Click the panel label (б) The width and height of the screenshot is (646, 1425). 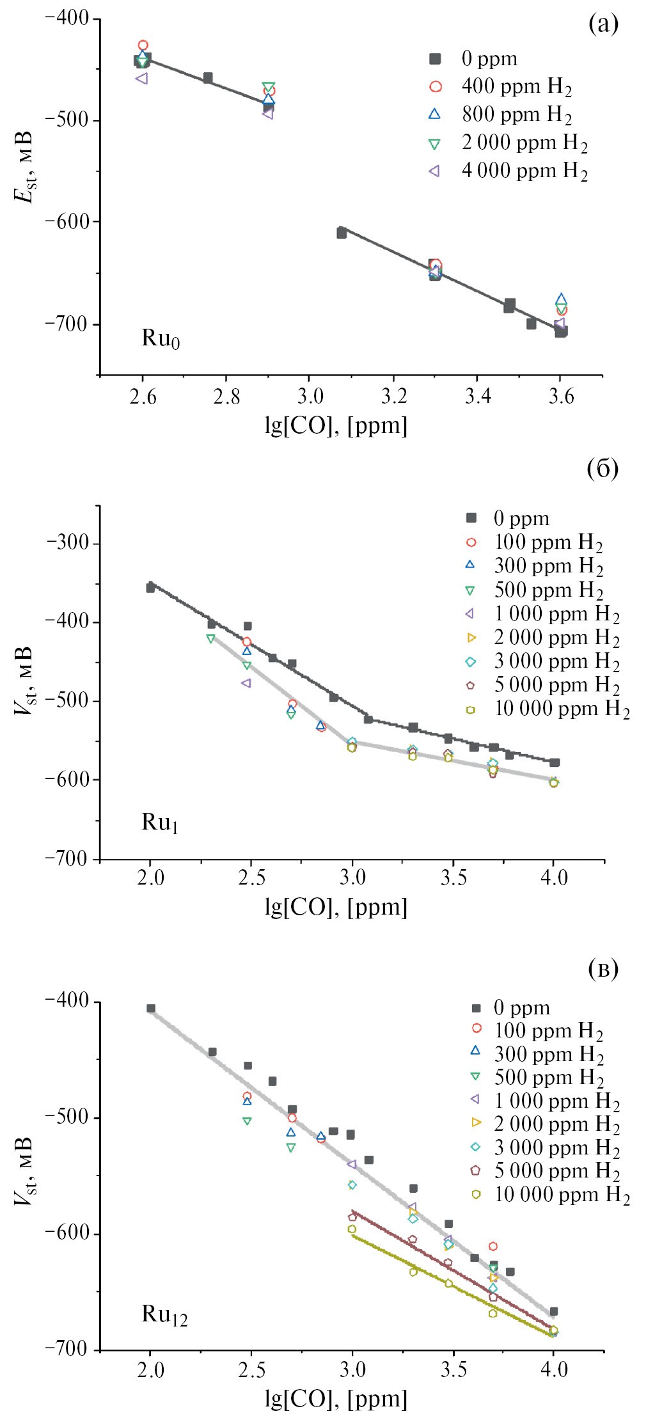point(603,469)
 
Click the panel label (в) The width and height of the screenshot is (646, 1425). point(603,969)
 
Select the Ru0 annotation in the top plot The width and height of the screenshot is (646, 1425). point(161,338)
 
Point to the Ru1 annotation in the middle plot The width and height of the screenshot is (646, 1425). point(159,823)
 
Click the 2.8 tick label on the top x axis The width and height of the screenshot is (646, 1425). point(226,397)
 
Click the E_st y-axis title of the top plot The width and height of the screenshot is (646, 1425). point(24,168)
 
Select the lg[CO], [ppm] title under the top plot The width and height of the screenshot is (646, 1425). point(336,425)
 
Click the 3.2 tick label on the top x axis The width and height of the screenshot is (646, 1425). point(394,397)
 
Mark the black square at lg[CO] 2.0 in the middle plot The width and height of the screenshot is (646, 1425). point(150,588)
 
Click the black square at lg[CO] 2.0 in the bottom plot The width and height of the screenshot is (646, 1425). point(151,1009)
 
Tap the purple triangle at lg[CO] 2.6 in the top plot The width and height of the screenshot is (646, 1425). point(141,79)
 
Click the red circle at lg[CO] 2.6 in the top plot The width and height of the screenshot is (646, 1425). point(143,45)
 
